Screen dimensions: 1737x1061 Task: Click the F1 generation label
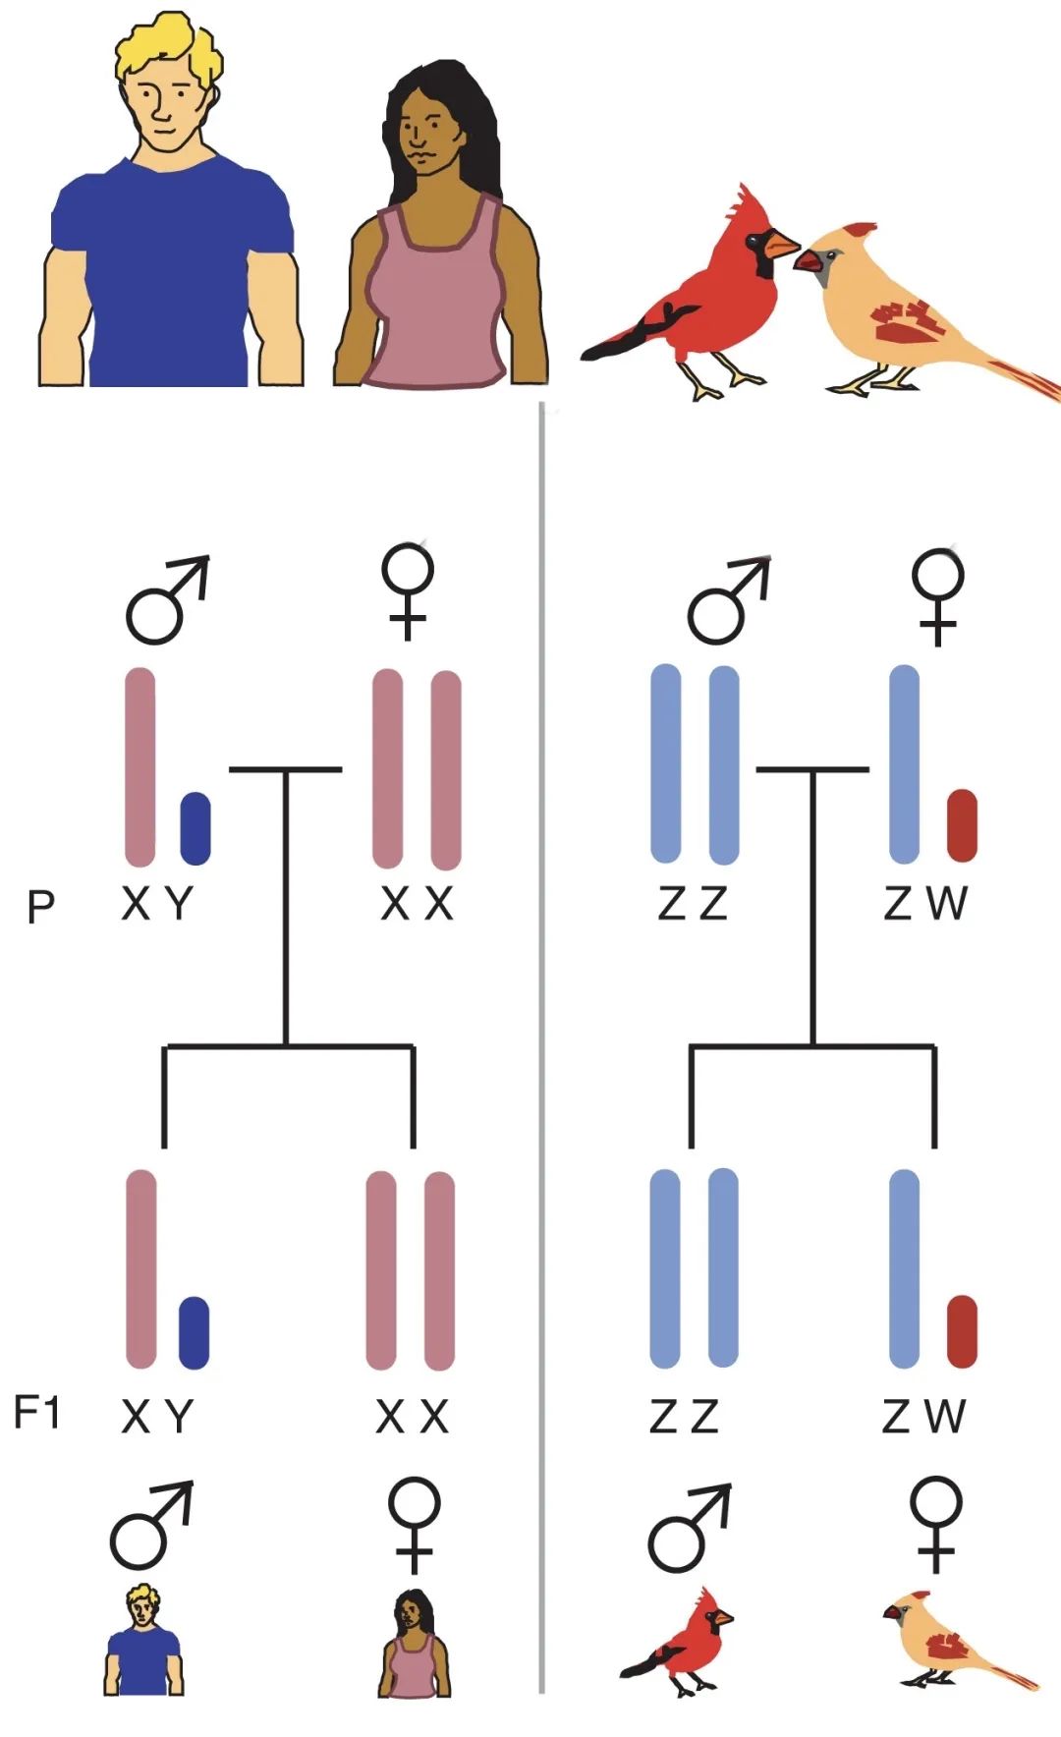click(36, 1413)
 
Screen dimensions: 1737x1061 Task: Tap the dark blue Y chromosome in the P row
click(195, 828)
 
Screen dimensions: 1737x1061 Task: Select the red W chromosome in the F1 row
click(962, 1331)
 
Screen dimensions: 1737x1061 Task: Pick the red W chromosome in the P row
click(962, 825)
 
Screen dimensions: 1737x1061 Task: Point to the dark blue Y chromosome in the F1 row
click(194, 1332)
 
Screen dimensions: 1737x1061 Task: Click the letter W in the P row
click(947, 903)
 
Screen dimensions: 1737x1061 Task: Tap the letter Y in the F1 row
click(179, 1417)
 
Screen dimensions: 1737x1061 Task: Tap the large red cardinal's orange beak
click(782, 244)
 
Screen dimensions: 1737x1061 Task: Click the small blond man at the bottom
click(143, 1640)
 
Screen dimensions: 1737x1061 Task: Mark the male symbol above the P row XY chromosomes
click(167, 600)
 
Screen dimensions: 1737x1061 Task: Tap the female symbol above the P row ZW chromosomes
click(938, 595)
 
